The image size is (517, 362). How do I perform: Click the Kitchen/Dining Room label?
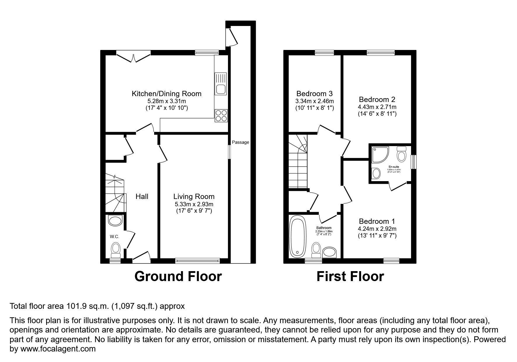[x=166, y=94]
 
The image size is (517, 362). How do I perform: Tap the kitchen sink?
[x=221, y=84]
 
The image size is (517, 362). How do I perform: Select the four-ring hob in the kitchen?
[x=221, y=115]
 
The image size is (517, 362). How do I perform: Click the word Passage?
[x=241, y=142]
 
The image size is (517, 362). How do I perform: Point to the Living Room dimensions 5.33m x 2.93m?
[x=194, y=204]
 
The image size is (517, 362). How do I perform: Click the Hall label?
[x=142, y=197]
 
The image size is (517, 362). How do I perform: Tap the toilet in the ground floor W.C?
[x=116, y=249]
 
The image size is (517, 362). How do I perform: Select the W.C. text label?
[x=114, y=237]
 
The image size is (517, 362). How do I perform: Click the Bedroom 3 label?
[x=314, y=94]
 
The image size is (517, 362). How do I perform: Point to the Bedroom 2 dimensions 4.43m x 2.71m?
[x=377, y=107]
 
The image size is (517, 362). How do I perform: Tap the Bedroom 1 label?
[x=377, y=221]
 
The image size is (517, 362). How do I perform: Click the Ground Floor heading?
[x=178, y=276]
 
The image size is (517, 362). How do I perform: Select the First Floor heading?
[x=350, y=276]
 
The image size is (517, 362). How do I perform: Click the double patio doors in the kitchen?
[x=133, y=57]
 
